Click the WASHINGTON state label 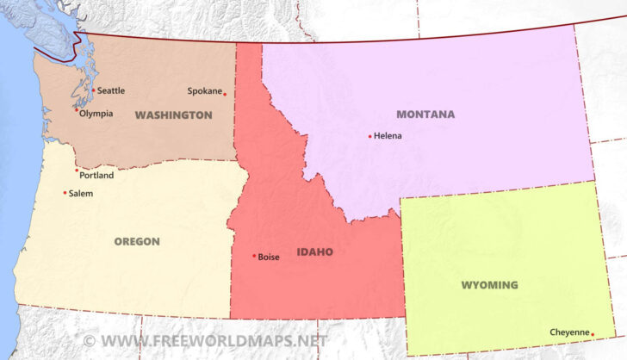173,115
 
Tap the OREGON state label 137,242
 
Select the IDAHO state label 314,252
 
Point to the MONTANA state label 425,115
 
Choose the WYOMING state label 489,285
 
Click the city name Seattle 110,90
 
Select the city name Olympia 96,114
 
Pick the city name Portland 96,176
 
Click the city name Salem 80,194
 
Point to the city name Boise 269,257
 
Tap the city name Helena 388,136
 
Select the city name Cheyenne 569,332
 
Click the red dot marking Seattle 93,90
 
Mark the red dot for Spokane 225,94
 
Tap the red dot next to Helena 370,136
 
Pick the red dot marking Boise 254,256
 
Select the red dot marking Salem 65,193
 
